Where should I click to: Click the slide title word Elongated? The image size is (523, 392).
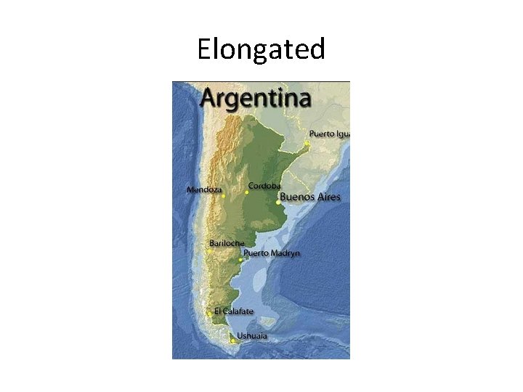coord(261,50)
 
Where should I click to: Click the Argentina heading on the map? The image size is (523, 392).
coord(256,98)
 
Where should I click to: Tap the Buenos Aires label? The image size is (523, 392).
coord(309,197)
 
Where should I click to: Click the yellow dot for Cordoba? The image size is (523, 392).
coord(247,192)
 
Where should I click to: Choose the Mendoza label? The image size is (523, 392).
coord(204,189)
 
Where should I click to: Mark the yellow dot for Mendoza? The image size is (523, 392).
coord(224,196)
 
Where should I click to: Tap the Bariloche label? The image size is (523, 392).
coord(227,242)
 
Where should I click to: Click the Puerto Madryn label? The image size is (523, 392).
coord(271,253)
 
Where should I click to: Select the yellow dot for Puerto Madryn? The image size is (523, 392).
coord(240,259)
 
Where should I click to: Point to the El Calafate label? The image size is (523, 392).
coord(234,311)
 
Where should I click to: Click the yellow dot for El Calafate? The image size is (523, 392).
coord(209,313)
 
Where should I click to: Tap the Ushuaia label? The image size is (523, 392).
coord(252,335)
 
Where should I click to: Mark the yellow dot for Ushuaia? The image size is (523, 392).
coord(232,340)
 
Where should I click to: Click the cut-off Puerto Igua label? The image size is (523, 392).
coord(329,134)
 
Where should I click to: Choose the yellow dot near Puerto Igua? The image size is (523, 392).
coord(307,143)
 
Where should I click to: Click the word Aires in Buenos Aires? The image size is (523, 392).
coord(327,197)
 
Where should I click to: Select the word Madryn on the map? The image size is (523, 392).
coord(285,253)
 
